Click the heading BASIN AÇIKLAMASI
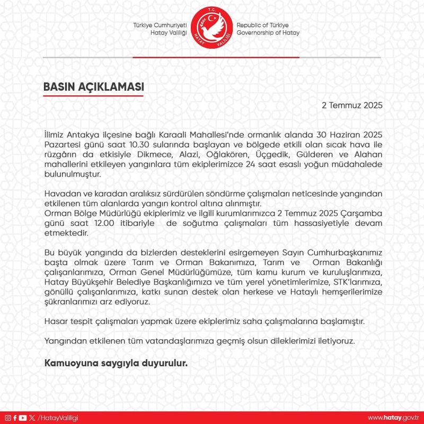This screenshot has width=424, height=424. coord(93,86)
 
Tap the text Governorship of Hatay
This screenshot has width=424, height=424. coord(268,33)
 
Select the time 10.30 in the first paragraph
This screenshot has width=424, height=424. coord(137,145)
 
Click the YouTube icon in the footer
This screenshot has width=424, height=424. coord(22,418)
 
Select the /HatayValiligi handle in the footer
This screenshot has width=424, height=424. coord(58,418)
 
